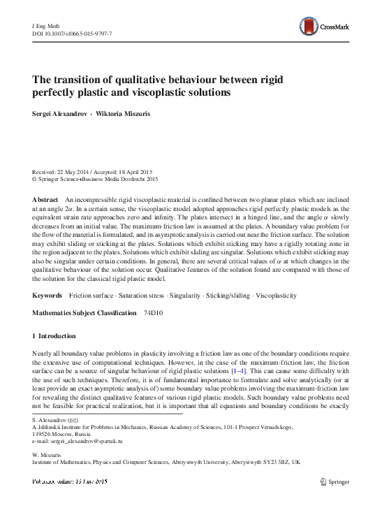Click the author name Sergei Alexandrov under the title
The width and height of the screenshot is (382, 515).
pos(59,112)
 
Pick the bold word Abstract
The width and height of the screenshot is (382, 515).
pos(45,200)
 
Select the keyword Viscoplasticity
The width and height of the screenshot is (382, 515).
pos(277,297)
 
